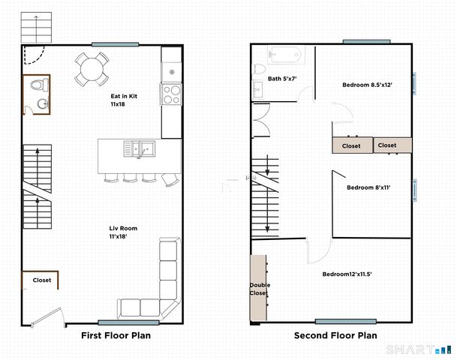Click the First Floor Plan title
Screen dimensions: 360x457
[116, 335]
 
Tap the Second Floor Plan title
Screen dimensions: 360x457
[335, 335]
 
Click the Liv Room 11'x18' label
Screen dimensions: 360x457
[123, 232]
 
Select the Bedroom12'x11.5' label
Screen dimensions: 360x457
[347, 274]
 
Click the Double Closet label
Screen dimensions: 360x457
[260, 289]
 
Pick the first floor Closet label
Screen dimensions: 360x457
[42, 280]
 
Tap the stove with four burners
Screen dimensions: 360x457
[171, 94]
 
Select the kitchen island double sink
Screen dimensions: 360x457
[140, 148]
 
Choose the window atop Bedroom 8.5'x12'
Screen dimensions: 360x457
[365, 41]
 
